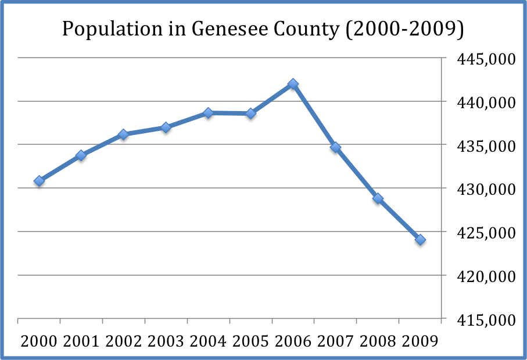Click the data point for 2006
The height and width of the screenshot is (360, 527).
click(x=293, y=84)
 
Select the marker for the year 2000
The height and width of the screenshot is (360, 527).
click(x=39, y=181)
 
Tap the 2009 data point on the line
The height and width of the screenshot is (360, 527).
click(x=420, y=240)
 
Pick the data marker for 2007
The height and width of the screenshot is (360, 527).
click(x=335, y=148)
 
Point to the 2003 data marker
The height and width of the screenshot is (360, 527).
click(x=166, y=127)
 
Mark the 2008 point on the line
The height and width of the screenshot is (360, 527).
click(x=378, y=198)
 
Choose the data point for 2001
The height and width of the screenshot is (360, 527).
click(x=81, y=155)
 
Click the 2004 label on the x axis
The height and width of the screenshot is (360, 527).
click(x=209, y=341)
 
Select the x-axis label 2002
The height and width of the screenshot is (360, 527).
click(x=124, y=341)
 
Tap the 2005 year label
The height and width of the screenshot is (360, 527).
click(x=251, y=341)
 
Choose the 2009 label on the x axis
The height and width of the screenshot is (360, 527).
click(x=420, y=341)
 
